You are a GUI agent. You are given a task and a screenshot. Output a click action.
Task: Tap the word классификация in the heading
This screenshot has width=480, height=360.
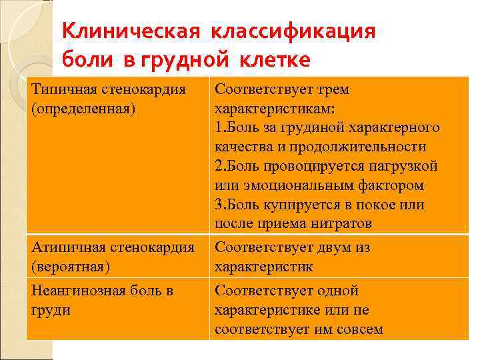[x=294, y=31]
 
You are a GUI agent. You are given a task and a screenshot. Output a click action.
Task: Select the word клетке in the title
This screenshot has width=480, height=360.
[x=273, y=60]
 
